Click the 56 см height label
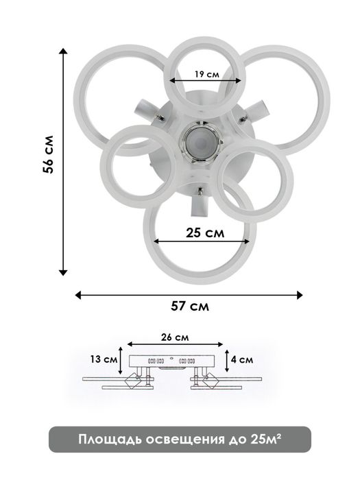pyautogui.click(x=49, y=154)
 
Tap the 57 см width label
pyautogui.click(x=190, y=306)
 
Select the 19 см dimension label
pyautogui.click(x=206, y=74)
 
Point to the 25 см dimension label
pyautogui.click(x=205, y=233)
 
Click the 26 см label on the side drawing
pyautogui.click(x=175, y=337)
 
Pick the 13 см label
pyautogui.click(x=104, y=359)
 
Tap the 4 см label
pyautogui.click(x=242, y=359)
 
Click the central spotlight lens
pyautogui.click(x=200, y=143)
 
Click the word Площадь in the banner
pyautogui.click(x=110, y=440)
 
